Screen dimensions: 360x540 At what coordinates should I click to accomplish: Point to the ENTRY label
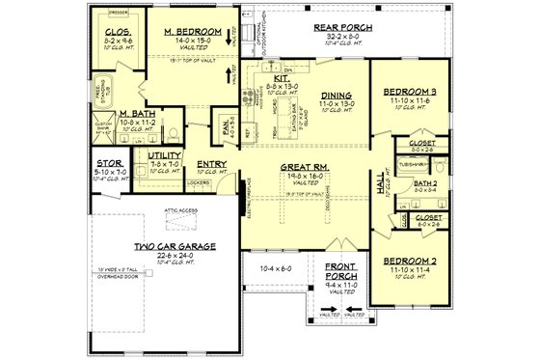[x=210, y=163]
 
